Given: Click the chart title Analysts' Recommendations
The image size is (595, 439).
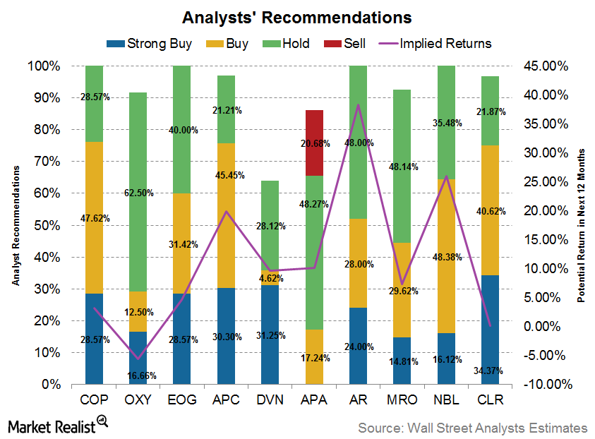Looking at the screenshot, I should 296,16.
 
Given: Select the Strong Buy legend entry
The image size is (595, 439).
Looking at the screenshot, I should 149,44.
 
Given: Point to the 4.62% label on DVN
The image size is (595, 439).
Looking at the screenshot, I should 270,278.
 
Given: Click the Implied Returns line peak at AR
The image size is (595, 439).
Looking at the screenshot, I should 359,105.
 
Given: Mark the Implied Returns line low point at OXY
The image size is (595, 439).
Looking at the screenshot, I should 139,359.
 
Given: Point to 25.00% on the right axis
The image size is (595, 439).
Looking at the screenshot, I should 543,181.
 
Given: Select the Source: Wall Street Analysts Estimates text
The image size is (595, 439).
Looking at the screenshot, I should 472,428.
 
